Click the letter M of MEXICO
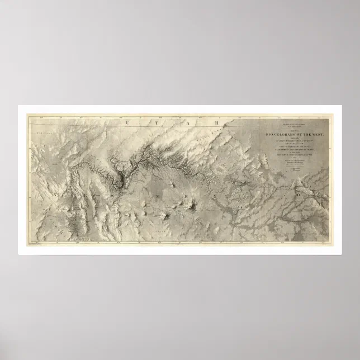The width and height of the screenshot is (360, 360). click(x=158, y=197)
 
